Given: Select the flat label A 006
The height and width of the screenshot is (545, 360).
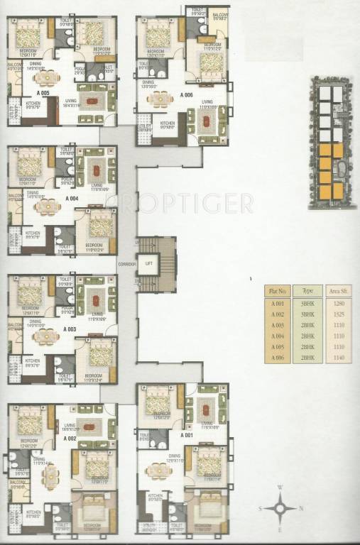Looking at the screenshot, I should tap(187, 94).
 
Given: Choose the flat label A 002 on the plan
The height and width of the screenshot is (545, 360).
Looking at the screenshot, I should tap(70, 438).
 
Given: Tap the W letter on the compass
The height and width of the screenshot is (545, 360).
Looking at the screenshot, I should tap(282, 488).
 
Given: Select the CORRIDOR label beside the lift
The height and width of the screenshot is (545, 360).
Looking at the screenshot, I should tap(128, 263).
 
